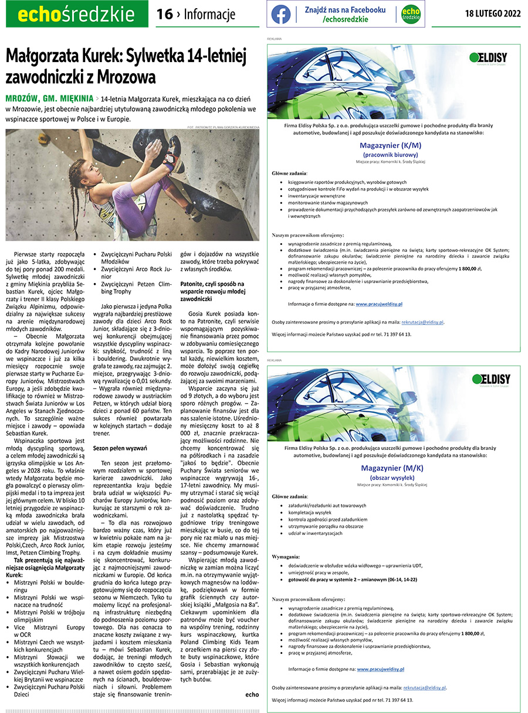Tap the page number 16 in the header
click(165, 15)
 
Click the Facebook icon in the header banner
click(281, 15)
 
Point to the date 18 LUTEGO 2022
click(492, 14)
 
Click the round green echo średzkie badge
click(411, 15)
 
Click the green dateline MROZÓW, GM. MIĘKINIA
click(48, 98)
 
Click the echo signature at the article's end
click(252, 694)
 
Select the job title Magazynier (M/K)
click(391, 468)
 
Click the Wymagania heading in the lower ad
click(286, 555)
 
